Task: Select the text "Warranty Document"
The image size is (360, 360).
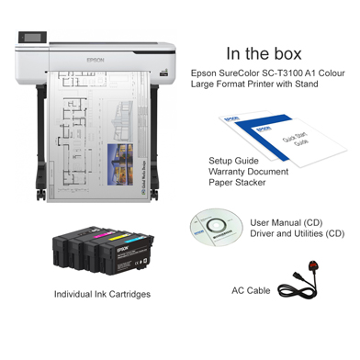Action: pos(249,171)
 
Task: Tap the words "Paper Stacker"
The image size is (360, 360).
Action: pos(238,183)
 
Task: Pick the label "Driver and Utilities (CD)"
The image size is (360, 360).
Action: pos(304,233)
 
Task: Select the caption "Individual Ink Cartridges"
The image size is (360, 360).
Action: pos(102,294)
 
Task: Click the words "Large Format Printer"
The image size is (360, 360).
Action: pos(239,84)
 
